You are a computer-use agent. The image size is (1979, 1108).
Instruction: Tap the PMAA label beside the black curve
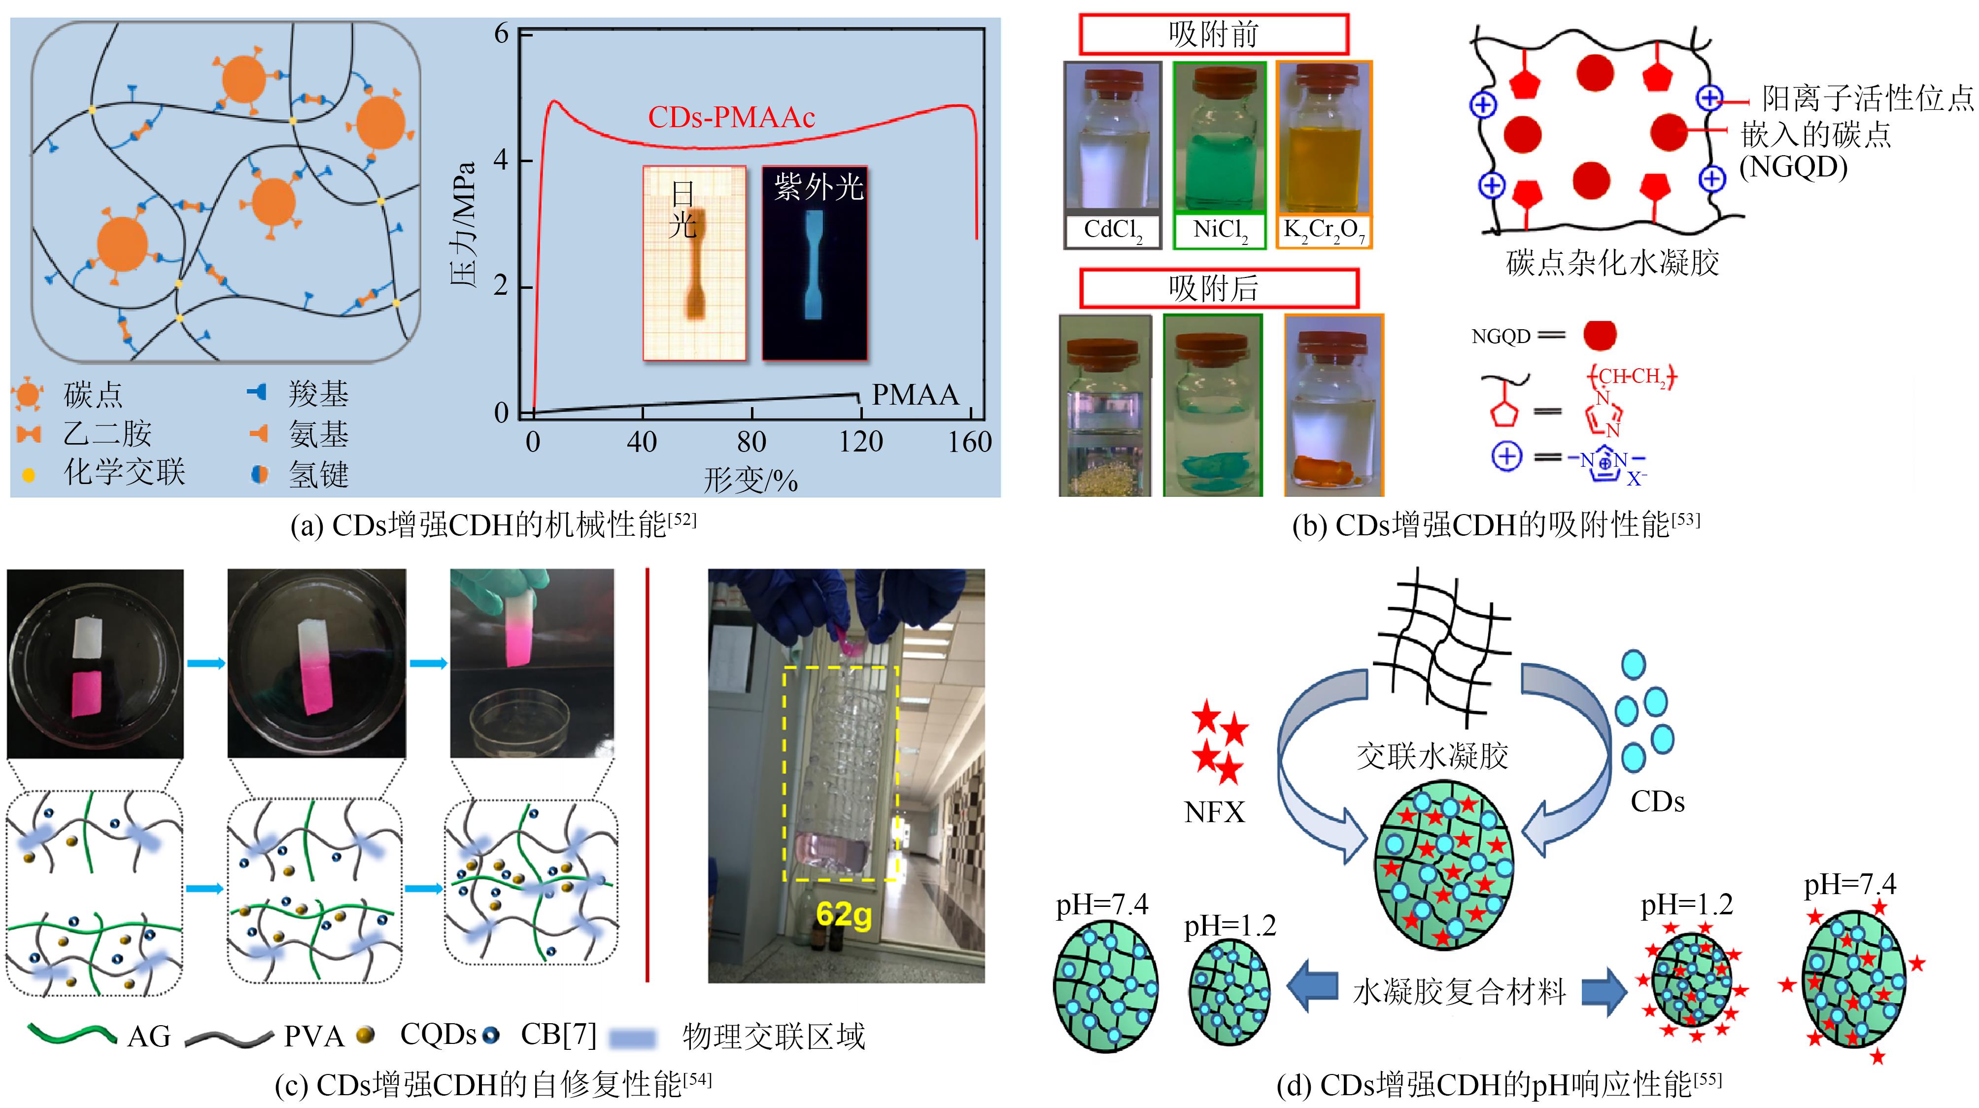[915, 394]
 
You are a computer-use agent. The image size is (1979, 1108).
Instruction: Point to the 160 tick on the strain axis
[969, 442]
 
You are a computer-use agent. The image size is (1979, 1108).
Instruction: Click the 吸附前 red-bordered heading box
[1213, 35]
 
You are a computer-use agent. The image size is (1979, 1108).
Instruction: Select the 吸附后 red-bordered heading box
[1219, 289]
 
